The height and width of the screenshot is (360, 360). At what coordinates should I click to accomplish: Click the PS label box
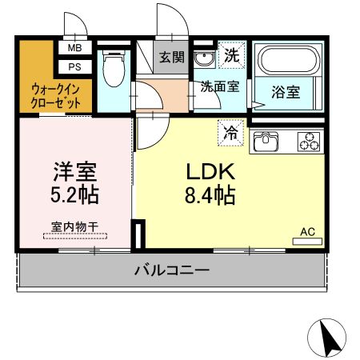point(74,66)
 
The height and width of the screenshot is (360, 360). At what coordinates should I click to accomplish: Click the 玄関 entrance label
point(171,58)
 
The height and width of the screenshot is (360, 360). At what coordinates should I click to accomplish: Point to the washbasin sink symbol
point(203,59)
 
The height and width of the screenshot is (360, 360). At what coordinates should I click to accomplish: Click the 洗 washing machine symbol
point(231,57)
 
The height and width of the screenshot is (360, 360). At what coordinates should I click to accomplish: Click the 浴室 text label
point(287,92)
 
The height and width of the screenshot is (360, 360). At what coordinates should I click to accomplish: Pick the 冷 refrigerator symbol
point(230,131)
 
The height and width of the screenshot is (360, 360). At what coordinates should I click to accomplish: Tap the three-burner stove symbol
point(309,142)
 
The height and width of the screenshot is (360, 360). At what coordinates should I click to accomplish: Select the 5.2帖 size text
point(76,194)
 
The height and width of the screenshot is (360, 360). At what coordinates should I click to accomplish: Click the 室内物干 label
point(75,228)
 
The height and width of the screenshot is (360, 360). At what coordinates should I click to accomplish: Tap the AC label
point(307,232)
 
